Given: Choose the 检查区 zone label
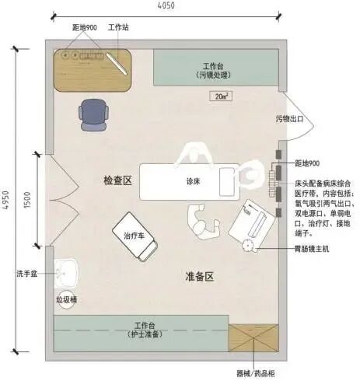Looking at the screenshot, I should [119, 180].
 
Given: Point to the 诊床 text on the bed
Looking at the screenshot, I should [194, 180].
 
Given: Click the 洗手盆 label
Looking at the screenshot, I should [27, 274].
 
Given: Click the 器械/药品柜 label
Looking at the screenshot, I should [257, 372].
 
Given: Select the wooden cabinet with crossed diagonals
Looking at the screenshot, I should [252, 340].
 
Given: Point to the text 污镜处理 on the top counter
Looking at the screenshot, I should [218, 75].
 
